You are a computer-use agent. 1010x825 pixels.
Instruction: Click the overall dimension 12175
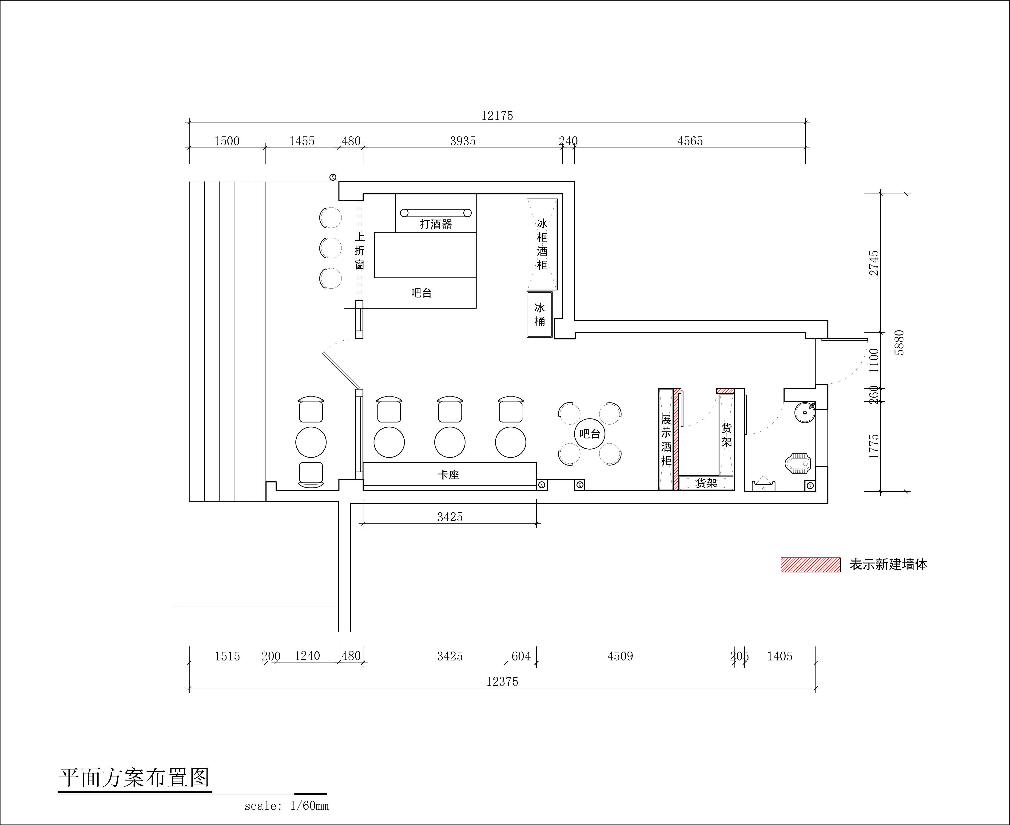click(497, 116)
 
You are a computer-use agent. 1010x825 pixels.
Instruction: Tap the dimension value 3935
click(463, 141)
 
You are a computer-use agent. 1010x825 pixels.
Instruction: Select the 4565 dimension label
click(690, 141)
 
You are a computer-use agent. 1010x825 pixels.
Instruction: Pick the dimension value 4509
click(620, 656)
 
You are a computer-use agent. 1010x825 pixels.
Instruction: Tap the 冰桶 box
click(540, 315)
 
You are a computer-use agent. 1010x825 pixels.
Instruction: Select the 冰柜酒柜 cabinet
click(542, 244)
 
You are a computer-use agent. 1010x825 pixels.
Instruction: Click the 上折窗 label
click(360, 251)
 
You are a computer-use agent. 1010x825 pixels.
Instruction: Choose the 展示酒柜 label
click(666, 440)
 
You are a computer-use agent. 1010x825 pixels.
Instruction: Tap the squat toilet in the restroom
click(799, 464)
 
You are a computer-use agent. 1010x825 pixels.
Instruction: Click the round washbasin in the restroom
click(805, 412)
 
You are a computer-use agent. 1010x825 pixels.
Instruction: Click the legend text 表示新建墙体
click(888, 565)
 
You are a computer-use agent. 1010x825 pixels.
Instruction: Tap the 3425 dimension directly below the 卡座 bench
click(450, 517)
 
